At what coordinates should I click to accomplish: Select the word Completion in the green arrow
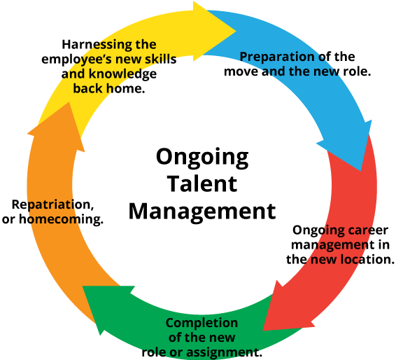(201, 323)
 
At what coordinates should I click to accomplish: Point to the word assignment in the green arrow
(227, 352)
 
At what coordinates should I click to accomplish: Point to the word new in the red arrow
(320, 260)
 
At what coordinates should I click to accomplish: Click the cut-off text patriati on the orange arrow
(50, 205)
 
